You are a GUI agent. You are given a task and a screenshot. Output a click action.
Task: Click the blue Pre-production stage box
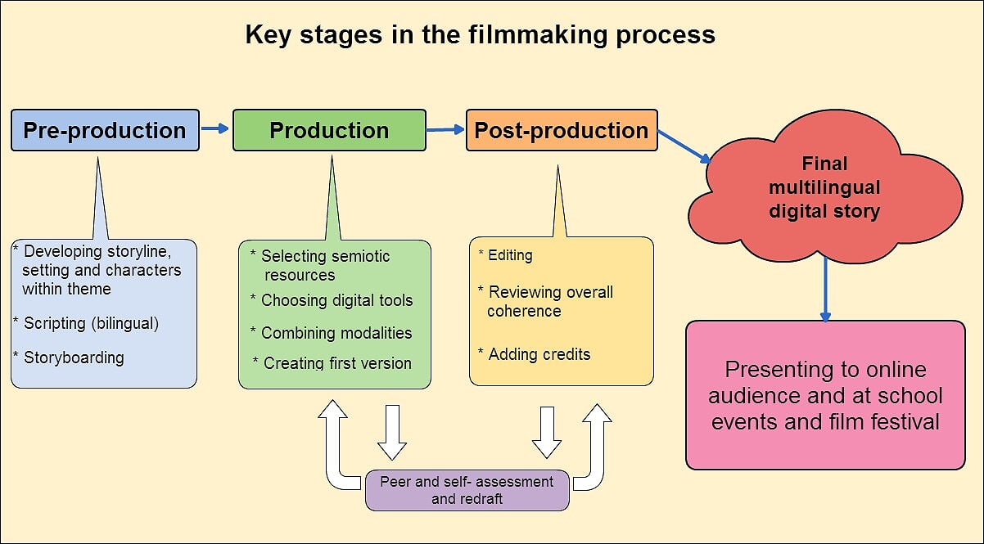pyautogui.click(x=105, y=130)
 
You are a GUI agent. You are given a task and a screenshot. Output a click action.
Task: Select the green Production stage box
pyautogui.click(x=329, y=130)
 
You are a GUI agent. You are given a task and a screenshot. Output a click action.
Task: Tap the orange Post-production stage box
pyautogui.click(x=562, y=130)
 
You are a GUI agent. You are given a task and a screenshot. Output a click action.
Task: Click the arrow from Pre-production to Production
pyautogui.click(x=214, y=128)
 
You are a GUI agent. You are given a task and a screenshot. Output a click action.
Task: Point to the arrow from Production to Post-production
pyautogui.click(x=445, y=129)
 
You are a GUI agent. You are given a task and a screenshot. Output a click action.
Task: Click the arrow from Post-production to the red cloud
pyautogui.click(x=684, y=146)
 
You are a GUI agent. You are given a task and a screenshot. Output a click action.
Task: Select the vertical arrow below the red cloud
pyautogui.click(x=825, y=289)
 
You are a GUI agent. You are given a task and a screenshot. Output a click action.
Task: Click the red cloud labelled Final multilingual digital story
pyautogui.click(x=825, y=187)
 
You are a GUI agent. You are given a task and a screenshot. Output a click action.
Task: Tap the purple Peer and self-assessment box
pyautogui.click(x=467, y=490)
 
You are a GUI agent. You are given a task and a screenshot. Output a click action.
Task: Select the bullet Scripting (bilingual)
pyautogui.click(x=86, y=323)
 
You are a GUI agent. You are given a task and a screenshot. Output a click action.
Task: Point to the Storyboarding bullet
pyautogui.click(x=69, y=357)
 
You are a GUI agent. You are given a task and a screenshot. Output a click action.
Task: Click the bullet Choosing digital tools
pyautogui.click(x=332, y=300)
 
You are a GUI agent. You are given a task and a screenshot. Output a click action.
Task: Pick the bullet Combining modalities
pyautogui.click(x=332, y=333)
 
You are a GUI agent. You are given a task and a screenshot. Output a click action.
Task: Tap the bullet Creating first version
pyautogui.click(x=332, y=363)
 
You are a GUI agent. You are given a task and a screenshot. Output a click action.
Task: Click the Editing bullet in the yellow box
pyautogui.click(x=506, y=255)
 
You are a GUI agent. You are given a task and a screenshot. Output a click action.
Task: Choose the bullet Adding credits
pyautogui.click(x=535, y=354)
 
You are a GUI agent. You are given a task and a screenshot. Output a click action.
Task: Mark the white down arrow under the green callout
pyautogui.click(x=392, y=433)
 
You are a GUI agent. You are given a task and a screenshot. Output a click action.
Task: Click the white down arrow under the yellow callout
pyautogui.click(x=547, y=433)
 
